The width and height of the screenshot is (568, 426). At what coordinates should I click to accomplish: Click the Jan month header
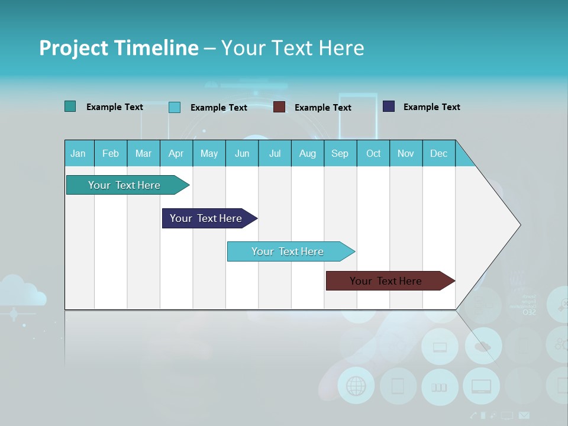(78, 153)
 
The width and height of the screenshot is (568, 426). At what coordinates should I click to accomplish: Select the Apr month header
(176, 153)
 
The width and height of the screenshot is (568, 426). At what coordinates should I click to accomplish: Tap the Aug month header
(307, 153)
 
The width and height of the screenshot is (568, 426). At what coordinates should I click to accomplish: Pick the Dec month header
(438, 153)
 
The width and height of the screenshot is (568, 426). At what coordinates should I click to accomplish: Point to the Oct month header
(373, 153)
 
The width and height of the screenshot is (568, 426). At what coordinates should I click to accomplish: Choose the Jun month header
(241, 153)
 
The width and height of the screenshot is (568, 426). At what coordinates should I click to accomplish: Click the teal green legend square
(70, 106)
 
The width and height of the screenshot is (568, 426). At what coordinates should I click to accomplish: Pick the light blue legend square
(175, 107)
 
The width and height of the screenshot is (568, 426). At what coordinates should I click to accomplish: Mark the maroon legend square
(279, 107)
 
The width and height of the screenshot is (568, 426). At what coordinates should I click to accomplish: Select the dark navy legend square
(389, 106)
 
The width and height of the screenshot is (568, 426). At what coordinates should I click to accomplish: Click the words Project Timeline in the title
(119, 47)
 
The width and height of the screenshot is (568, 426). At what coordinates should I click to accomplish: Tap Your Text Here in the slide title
(292, 47)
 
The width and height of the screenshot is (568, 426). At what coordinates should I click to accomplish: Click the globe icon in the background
(356, 386)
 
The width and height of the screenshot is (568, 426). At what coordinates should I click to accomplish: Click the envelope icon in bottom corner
(524, 415)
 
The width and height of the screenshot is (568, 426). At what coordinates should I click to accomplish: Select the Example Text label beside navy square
(431, 106)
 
